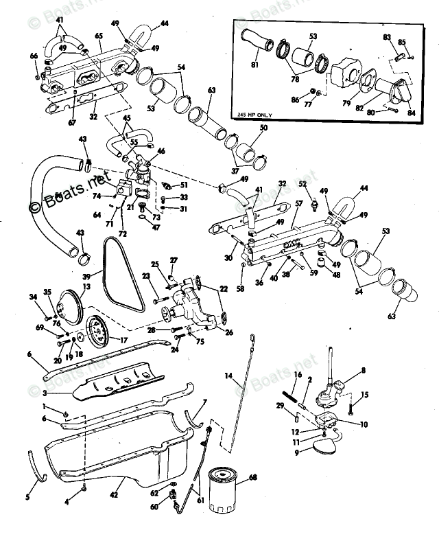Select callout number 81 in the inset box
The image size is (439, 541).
[254, 66]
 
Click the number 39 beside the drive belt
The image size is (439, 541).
[97, 273]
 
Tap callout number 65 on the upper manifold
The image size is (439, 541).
[99, 36]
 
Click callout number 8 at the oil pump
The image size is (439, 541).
[363, 370]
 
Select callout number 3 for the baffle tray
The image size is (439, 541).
[45, 393]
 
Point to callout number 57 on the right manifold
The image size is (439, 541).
[298, 204]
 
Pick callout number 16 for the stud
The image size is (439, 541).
[298, 374]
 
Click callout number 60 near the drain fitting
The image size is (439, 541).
[154, 507]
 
